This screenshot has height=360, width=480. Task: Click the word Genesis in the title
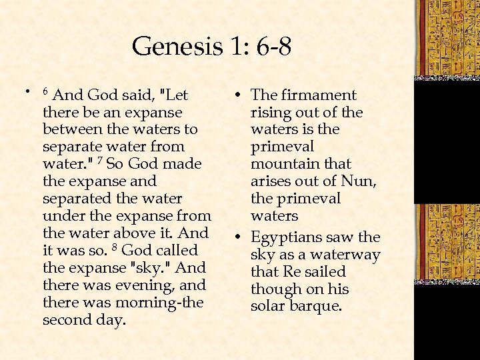pos(175,47)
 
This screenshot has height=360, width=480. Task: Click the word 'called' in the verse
pos(175,251)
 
